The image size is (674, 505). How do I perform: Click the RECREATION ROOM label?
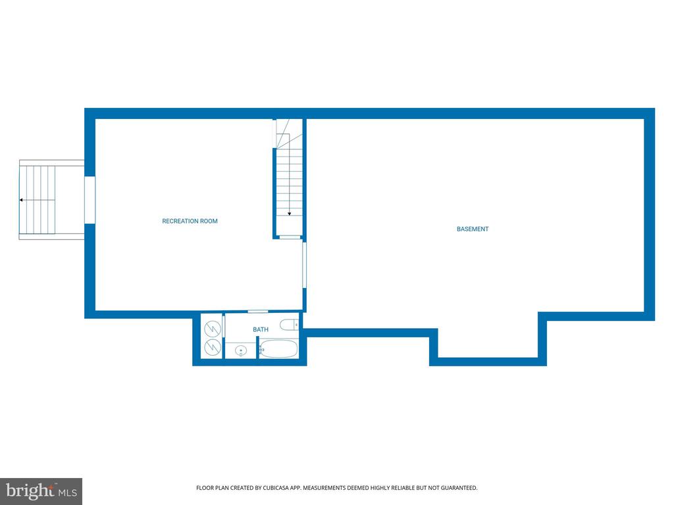[190, 221]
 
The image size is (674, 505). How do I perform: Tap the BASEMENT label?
[473, 229]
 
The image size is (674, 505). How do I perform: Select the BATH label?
[261, 329]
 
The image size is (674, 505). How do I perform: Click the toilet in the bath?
[290, 325]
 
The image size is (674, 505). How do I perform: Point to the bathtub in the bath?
[278, 349]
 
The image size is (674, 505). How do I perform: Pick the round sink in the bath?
[241, 351]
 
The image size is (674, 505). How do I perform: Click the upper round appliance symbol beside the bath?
[213, 329]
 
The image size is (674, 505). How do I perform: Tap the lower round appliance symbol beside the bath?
[213, 347]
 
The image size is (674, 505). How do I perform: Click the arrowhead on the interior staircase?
[290, 214]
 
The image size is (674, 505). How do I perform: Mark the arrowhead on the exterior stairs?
[21, 200]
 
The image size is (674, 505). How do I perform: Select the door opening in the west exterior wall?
[90, 200]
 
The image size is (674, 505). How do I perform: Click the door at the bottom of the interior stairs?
[290, 237]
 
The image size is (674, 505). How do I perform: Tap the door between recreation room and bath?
[258, 311]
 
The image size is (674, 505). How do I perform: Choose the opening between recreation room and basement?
[304, 265]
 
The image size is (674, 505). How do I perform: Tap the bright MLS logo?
[41, 491]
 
